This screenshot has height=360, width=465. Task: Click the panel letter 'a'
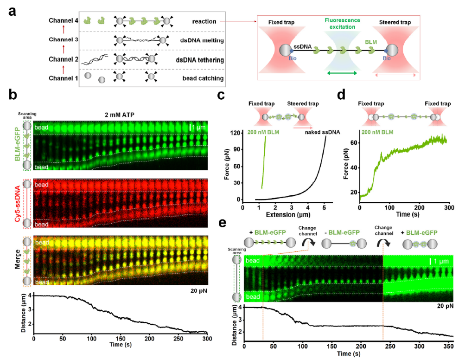click(14, 11)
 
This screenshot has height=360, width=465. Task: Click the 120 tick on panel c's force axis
click(235, 133)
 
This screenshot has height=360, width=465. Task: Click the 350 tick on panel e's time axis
click(449, 346)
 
